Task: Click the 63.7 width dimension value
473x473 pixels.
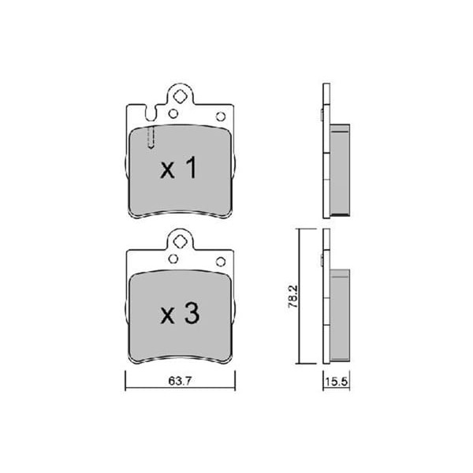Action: pyautogui.click(x=180, y=382)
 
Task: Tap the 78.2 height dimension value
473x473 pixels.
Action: pyautogui.click(x=293, y=296)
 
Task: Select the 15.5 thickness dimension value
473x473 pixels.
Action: pyautogui.click(x=337, y=382)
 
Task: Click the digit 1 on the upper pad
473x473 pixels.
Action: pyautogui.click(x=192, y=167)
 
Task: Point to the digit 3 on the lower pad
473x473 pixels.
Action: pyautogui.click(x=192, y=314)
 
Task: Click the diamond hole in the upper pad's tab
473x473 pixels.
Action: pyautogui.click(x=180, y=96)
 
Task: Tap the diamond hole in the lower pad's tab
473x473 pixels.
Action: pyautogui.click(x=180, y=242)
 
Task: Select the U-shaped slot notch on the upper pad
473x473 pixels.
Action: pyautogui.click(x=151, y=113)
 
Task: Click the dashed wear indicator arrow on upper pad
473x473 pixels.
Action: pyautogui.click(x=151, y=137)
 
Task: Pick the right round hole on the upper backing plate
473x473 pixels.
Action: pyautogui.click(x=221, y=117)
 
